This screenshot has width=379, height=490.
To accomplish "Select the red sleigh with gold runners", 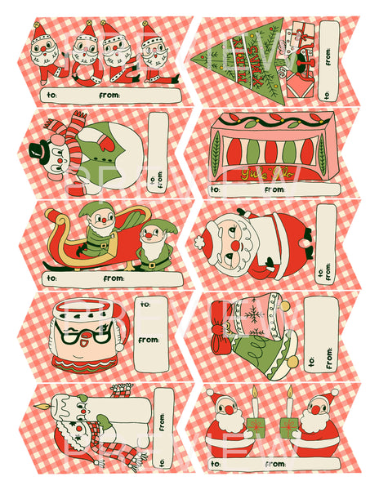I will click(x=90, y=245).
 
